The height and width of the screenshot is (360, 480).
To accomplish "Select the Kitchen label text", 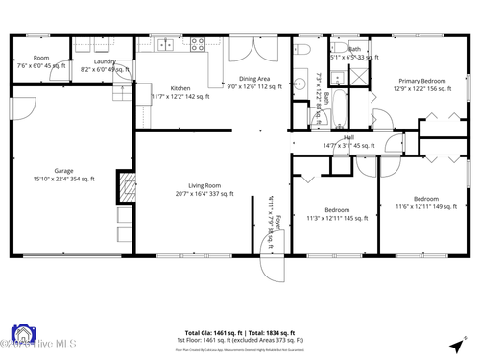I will (x=180, y=87).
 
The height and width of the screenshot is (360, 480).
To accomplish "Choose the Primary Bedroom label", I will (x=421, y=81).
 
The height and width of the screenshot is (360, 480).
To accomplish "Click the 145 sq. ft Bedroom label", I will (x=336, y=209).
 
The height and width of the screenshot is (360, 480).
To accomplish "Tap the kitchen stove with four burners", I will (x=198, y=42).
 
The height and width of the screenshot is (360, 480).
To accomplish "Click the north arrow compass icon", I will (x=455, y=345).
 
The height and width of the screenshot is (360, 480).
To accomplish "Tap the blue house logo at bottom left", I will (x=20, y=335).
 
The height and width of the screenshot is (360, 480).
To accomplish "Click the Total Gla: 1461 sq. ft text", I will (x=215, y=330).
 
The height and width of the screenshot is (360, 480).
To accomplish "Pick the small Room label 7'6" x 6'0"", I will (x=41, y=61).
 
